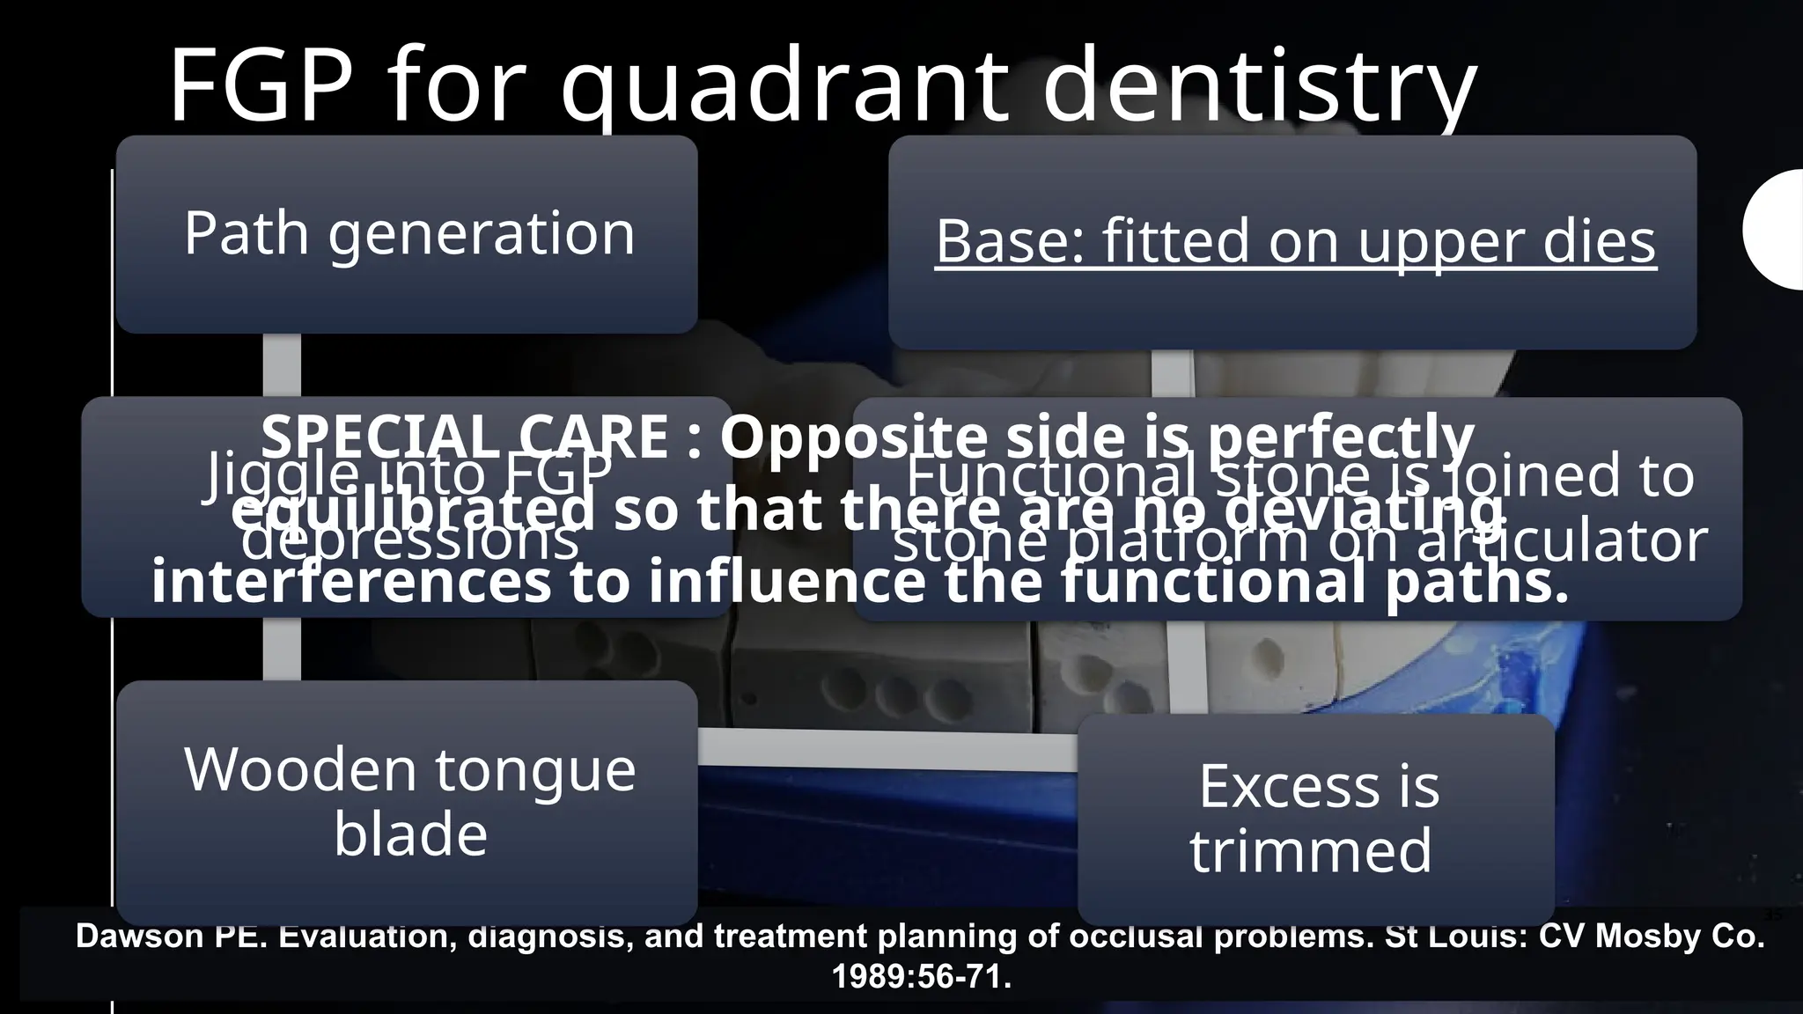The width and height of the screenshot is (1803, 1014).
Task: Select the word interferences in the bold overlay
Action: click(352, 583)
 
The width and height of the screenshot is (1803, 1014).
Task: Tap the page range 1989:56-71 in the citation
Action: click(921, 977)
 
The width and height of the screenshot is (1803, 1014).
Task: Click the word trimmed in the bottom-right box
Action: click(1311, 850)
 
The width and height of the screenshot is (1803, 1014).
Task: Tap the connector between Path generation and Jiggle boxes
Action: click(282, 365)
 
